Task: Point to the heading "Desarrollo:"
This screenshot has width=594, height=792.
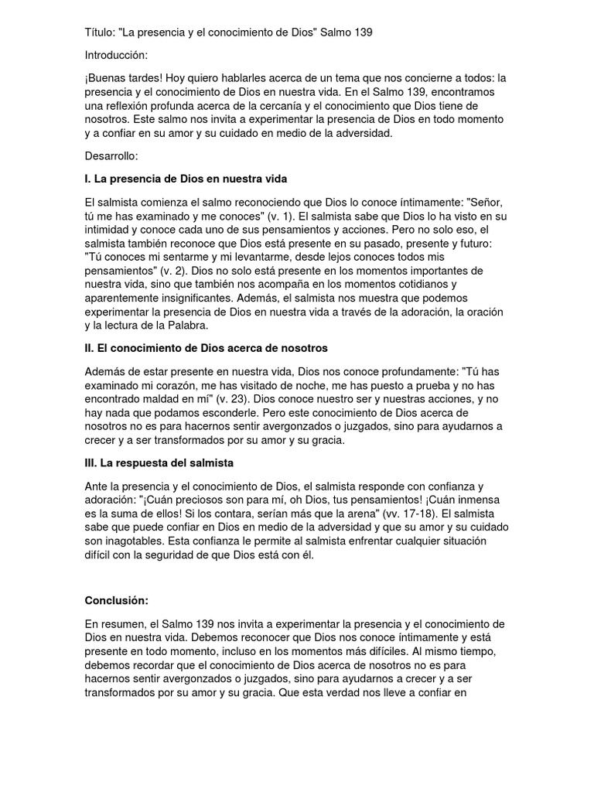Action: coord(111,156)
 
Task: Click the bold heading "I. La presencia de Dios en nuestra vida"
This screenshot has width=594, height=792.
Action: coord(186,179)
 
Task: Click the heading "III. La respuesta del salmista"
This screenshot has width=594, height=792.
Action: coord(159,463)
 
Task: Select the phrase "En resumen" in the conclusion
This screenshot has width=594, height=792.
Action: coord(116,623)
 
